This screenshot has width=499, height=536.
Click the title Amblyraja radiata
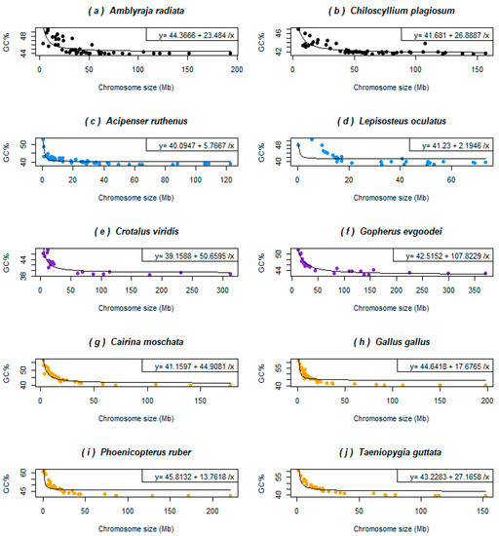tap(146, 11)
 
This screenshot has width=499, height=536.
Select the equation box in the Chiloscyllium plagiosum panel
tap(446, 34)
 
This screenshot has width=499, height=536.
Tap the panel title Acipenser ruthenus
tap(146, 121)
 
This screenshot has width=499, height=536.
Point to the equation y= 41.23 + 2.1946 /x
tap(455, 146)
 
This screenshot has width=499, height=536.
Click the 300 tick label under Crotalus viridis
tap(222, 290)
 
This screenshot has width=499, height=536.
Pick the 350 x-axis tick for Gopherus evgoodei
tap(475, 290)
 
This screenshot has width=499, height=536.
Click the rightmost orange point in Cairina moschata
tap(230, 385)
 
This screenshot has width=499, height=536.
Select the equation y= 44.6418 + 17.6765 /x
tap(449, 366)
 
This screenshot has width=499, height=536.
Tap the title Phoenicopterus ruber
tap(145, 452)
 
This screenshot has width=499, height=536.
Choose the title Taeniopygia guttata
tap(400, 452)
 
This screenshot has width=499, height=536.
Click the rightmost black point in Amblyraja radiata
tap(230, 54)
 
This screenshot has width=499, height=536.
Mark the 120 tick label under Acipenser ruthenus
tap(226, 180)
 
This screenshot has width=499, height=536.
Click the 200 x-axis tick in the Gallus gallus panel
tap(487, 401)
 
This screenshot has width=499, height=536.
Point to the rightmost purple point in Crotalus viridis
tap(230, 274)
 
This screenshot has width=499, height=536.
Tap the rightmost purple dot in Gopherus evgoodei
tap(485, 273)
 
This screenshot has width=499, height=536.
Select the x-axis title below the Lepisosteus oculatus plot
tap(391, 198)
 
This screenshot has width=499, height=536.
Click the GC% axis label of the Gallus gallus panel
tap(261, 373)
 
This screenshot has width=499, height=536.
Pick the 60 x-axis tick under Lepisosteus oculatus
tap(451, 180)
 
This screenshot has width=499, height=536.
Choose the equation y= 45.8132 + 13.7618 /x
tap(194, 478)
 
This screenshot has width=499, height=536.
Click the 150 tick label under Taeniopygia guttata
tap(482, 511)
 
